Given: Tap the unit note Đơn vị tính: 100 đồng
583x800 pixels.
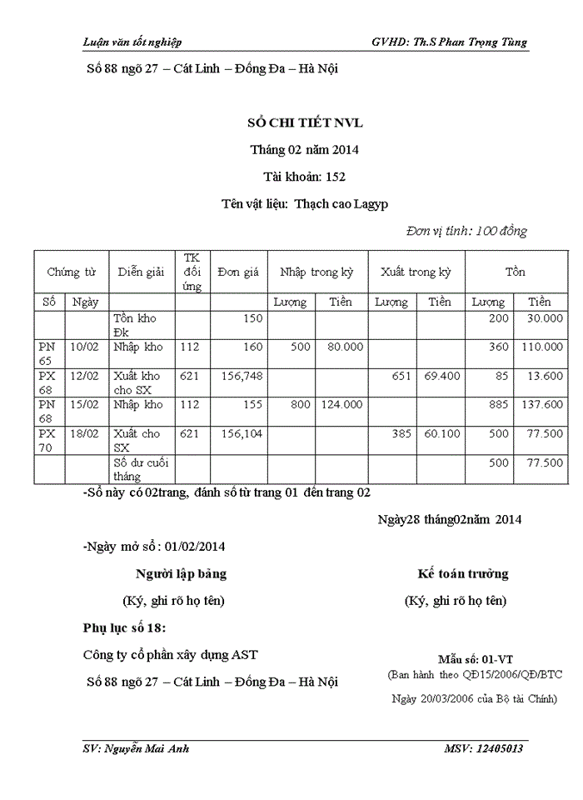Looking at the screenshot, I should tap(466, 231).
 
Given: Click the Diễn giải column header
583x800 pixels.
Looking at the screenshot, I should tap(141, 272).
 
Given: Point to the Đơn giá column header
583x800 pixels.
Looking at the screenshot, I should tap(238, 272).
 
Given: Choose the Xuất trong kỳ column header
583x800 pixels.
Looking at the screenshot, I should tap(416, 272).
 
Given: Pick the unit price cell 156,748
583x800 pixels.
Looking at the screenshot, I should tap(239, 376).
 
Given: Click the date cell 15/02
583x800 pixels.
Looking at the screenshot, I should tap(85, 405).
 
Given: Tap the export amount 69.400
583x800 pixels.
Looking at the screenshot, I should tap(441, 376).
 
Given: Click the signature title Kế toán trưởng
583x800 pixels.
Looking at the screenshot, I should tap(463, 574).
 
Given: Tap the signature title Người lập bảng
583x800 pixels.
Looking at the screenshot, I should tap(181, 574).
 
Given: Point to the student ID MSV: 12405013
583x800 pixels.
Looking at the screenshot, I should tap(484, 748).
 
